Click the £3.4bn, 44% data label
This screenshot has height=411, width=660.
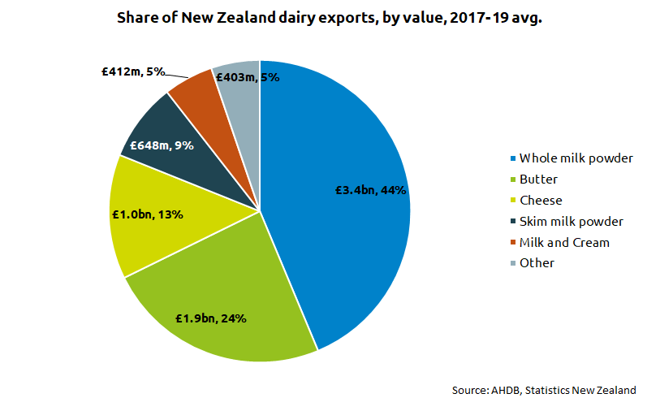pyautogui.click(x=371, y=190)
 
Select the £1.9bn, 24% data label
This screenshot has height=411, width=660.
pyautogui.click(x=211, y=318)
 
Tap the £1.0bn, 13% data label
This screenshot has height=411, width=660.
pyautogui.click(x=147, y=215)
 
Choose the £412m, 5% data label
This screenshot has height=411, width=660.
pyautogui.click(x=133, y=71)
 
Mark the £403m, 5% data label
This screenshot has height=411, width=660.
pyautogui.click(x=248, y=77)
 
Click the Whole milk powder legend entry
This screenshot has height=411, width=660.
pyautogui.click(x=576, y=158)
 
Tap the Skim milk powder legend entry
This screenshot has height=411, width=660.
pyautogui.click(x=572, y=221)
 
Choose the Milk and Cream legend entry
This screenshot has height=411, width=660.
pyautogui.click(x=564, y=242)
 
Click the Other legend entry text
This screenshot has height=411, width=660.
pyautogui.click(x=537, y=263)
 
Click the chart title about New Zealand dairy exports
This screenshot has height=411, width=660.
pyautogui.click(x=330, y=17)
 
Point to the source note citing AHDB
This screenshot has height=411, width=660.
pyautogui.click(x=544, y=391)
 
